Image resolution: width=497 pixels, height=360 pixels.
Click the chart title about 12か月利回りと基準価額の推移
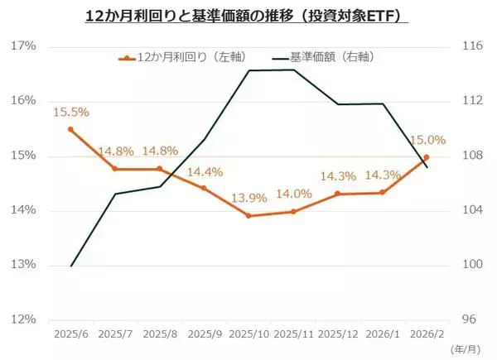(248, 16)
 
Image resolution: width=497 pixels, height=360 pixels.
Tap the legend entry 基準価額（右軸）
(331, 58)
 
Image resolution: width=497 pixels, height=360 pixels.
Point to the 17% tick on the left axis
(24, 46)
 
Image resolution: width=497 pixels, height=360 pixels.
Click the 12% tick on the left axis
(24, 319)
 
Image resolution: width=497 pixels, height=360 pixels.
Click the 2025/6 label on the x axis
(70, 334)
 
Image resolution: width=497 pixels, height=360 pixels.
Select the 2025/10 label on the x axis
(248, 334)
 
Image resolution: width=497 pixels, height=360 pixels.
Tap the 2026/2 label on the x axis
(427, 334)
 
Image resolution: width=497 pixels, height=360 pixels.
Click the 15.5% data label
(70, 111)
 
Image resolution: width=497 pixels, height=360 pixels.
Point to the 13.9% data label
(249, 198)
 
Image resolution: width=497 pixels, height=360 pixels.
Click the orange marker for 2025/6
(70, 129)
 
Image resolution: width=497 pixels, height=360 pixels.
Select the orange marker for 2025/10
(248, 216)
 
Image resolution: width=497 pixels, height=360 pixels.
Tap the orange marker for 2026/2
(427, 156)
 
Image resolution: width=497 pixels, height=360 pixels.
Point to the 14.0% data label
(294, 194)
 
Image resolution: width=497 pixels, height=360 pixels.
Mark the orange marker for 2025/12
(337, 194)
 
